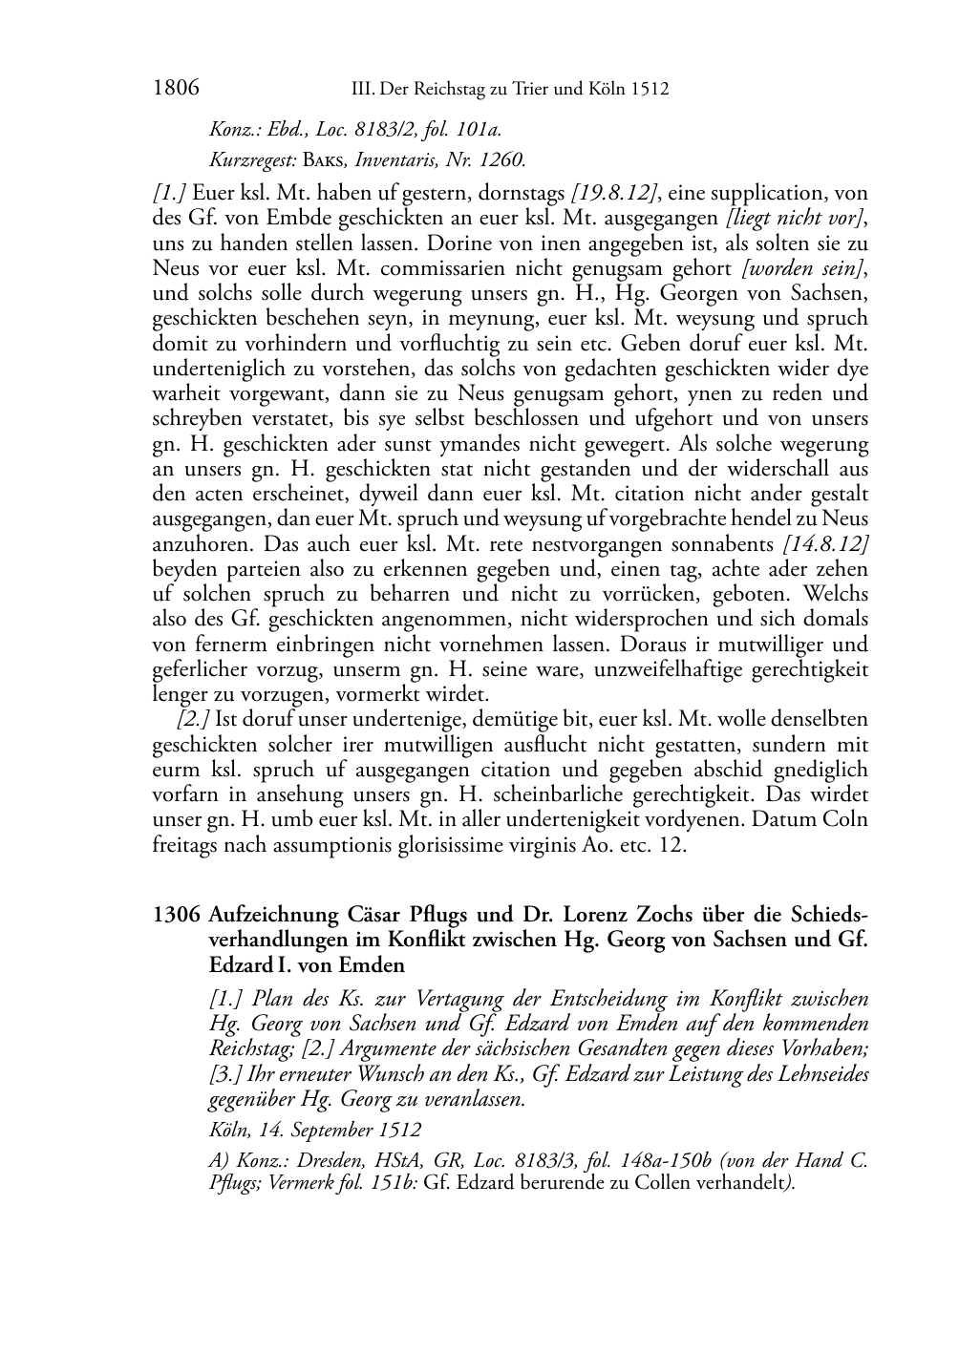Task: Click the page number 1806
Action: click(175, 89)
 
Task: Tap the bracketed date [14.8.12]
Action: click(825, 543)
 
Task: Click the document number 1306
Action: click(176, 914)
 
